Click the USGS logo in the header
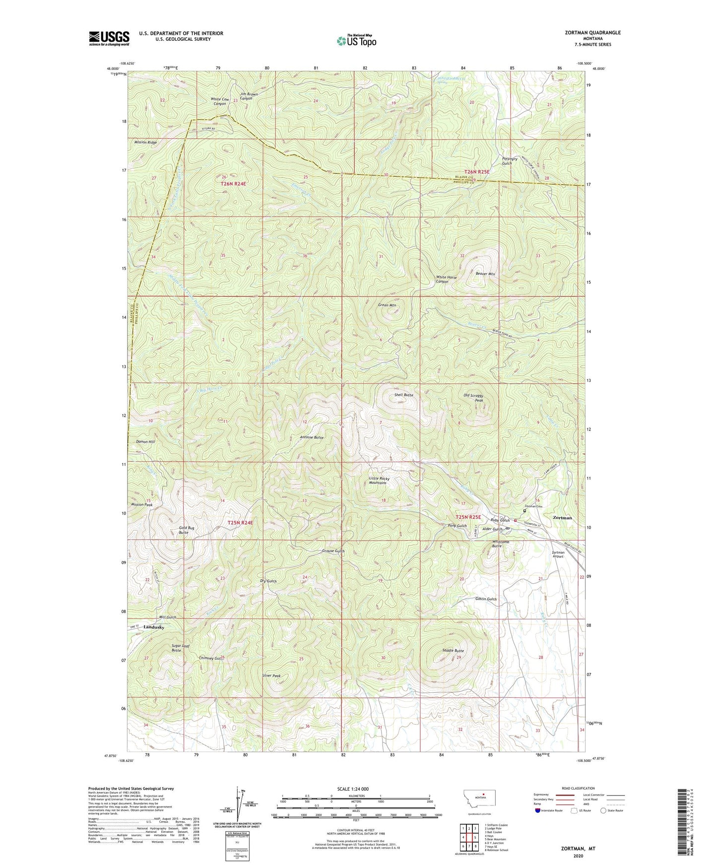tap(109, 38)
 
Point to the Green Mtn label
tap(387, 305)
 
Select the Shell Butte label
tap(403, 395)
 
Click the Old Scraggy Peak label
tap(473, 398)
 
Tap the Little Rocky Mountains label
tap(380, 481)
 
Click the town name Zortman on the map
tap(562, 517)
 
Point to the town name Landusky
tap(154, 627)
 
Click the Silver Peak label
tap(271, 676)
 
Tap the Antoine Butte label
tap(312, 437)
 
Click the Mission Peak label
tap(141, 504)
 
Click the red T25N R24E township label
tap(240, 523)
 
